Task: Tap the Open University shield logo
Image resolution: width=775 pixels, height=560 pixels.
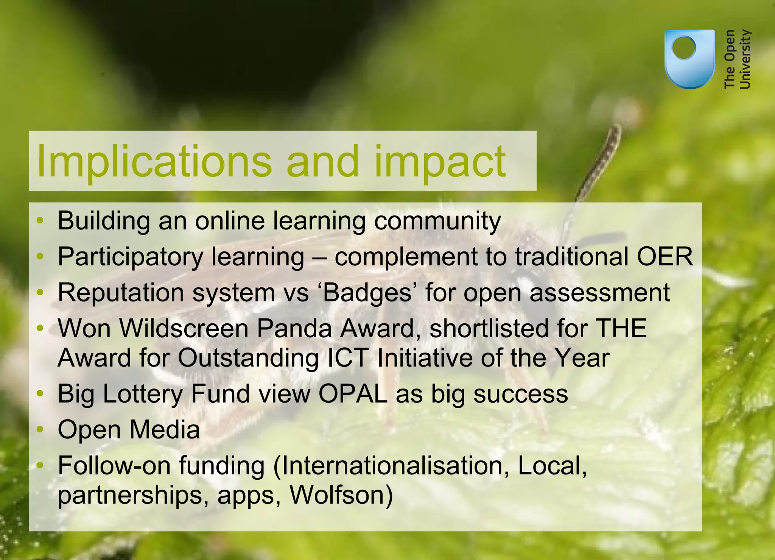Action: coord(689,59)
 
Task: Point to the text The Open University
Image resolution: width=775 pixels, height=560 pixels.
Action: coord(737,59)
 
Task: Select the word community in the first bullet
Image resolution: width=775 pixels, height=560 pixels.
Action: coord(437,221)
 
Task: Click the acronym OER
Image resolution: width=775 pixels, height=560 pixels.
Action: coord(665,257)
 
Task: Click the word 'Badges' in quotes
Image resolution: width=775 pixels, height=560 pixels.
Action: coord(367,293)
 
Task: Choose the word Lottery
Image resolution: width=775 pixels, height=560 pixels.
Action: coord(143,394)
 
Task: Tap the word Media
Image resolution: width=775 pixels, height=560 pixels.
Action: coord(164,430)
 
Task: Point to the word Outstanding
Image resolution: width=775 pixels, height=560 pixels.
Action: coord(248,358)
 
